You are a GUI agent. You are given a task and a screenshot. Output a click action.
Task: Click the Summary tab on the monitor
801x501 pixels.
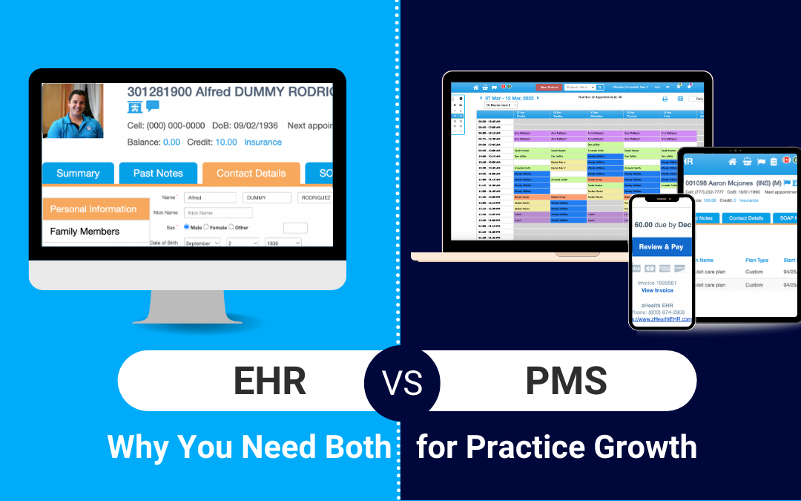(x=78, y=173)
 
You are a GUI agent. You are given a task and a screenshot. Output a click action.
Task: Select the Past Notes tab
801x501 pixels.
(x=158, y=173)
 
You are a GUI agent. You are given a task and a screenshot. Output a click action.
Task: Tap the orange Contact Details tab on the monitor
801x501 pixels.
(x=251, y=173)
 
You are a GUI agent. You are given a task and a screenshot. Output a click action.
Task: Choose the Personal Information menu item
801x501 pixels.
(x=93, y=209)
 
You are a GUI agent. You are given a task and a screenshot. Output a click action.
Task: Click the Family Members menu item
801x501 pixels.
(x=85, y=232)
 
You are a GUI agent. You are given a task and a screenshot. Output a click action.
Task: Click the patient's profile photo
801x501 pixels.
(x=73, y=111)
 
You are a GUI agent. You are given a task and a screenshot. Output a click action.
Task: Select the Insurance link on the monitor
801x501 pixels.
(x=263, y=142)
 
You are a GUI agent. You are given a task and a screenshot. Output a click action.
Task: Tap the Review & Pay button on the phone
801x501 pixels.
(x=661, y=246)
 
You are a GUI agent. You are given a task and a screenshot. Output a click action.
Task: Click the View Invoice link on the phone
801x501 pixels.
(x=657, y=290)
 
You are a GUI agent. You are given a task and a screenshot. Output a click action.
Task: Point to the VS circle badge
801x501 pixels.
(x=401, y=382)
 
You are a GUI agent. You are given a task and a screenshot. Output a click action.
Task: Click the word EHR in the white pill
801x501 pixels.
(x=269, y=381)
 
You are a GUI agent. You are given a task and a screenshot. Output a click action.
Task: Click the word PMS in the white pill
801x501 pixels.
(x=566, y=381)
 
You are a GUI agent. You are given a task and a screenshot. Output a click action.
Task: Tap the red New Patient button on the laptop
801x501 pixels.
(x=550, y=87)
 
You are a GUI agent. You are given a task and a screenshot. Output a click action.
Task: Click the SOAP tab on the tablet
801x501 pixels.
(x=788, y=218)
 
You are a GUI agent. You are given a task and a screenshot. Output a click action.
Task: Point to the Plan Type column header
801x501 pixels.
(x=756, y=261)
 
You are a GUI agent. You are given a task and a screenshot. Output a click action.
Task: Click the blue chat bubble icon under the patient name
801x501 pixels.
(x=153, y=106)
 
